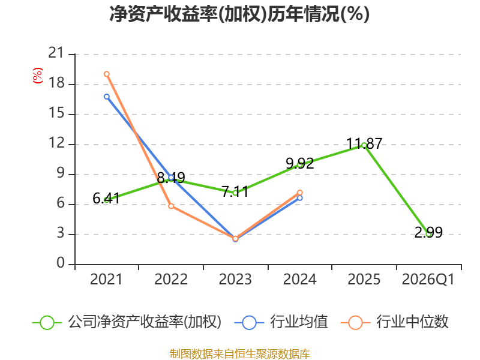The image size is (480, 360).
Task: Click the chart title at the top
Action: point(239,14)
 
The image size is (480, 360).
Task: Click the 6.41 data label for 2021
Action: point(107,198)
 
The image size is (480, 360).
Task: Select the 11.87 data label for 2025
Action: point(364,143)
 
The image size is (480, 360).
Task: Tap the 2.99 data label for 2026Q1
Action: point(428,233)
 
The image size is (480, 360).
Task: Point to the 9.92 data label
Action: point(299,163)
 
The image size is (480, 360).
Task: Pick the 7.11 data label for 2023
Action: point(235,192)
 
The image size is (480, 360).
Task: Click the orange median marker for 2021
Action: point(107,74)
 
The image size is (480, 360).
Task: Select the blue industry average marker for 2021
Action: point(107,97)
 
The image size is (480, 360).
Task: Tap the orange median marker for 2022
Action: point(171,206)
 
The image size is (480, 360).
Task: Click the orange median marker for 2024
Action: point(300,193)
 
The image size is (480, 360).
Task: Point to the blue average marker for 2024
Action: point(300,198)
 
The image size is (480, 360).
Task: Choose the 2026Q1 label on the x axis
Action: point(428,280)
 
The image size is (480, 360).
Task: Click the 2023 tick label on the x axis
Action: point(235,280)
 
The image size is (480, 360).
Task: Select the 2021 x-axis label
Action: point(106,280)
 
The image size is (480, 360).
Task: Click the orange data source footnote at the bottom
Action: point(239,353)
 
